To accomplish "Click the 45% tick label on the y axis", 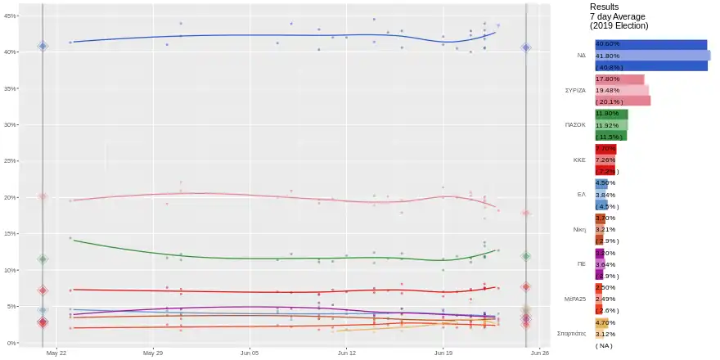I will click(11, 16).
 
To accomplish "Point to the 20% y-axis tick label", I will click(11, 197).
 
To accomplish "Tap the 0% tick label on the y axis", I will click(13, 343).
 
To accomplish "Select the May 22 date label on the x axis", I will click(56, 353).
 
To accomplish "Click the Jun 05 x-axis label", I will click(250, 353).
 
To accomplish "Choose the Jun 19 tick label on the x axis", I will click(443, 353).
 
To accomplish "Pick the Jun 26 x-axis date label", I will click(539, 353).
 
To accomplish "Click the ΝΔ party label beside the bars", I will click(581, 56).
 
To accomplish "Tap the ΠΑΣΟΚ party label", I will click(575, 125).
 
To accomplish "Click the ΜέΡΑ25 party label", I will click(574, 299).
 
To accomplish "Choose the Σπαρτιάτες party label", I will click(571, 334).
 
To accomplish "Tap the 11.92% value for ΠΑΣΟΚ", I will click(607, 125).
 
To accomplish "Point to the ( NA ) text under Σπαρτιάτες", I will click(605, 345).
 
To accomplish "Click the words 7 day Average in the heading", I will click(618, 16).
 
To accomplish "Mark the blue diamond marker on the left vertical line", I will click(43, 46).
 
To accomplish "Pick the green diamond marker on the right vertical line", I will click(526, 256).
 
